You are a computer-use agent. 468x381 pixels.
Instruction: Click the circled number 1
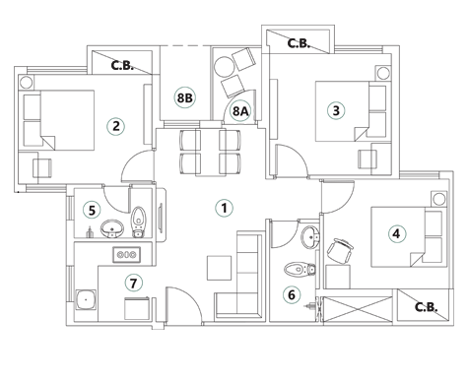pyautogui.click(x=224, y=208)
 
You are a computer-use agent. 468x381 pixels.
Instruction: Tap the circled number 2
pyautogui.click(x=116, y=125)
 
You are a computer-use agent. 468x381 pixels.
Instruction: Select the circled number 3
pyautogui.click(x=336, y=110)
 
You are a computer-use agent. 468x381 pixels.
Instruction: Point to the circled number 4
pyautogui.click(x=396, y=234)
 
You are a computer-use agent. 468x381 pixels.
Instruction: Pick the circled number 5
pyautogui.click(x=92, y=210)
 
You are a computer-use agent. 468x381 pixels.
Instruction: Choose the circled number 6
pyautogui.click(x=291, y=294)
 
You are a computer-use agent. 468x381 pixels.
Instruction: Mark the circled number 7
pyautogui.click(x=134, y=284)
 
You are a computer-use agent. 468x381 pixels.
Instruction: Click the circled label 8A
pyautogui.click(x=240, y=111)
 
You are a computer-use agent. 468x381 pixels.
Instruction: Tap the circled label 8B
pyautogui.click(x=184, y=97)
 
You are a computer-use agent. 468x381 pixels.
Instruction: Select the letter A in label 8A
pyautogui.click(x=244, y=111)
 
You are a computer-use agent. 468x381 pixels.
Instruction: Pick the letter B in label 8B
pyautogui.click(x=188, y=97)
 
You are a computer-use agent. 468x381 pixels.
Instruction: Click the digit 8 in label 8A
pyautogui.click(x=236, y=111)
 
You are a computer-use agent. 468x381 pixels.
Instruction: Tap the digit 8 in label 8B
pyautogui.click(x=180, y=97)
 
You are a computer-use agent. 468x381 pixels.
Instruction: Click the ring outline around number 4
pyautogui.click(x=404, y=234)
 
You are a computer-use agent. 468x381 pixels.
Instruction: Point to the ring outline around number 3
pyautogui.click(x=344, y=110)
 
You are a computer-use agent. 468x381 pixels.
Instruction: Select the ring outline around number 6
pyautogui.click(x=299, y=294)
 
